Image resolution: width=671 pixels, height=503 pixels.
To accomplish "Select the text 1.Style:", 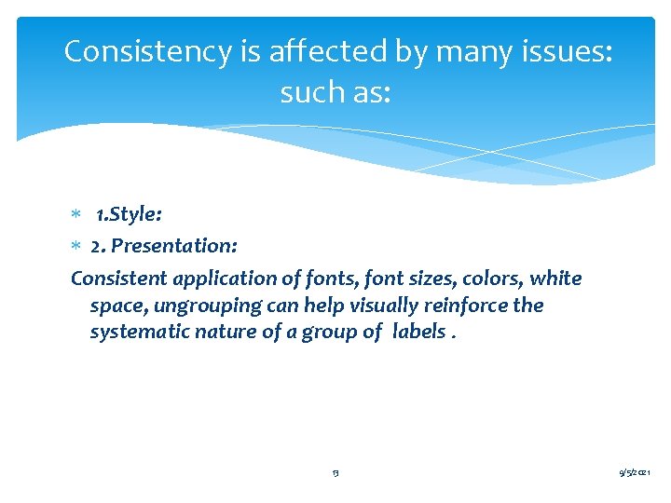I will (129, 215).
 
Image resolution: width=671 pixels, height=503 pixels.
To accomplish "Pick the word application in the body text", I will (225, 279).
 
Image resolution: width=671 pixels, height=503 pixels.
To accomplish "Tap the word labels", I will (419, 333).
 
